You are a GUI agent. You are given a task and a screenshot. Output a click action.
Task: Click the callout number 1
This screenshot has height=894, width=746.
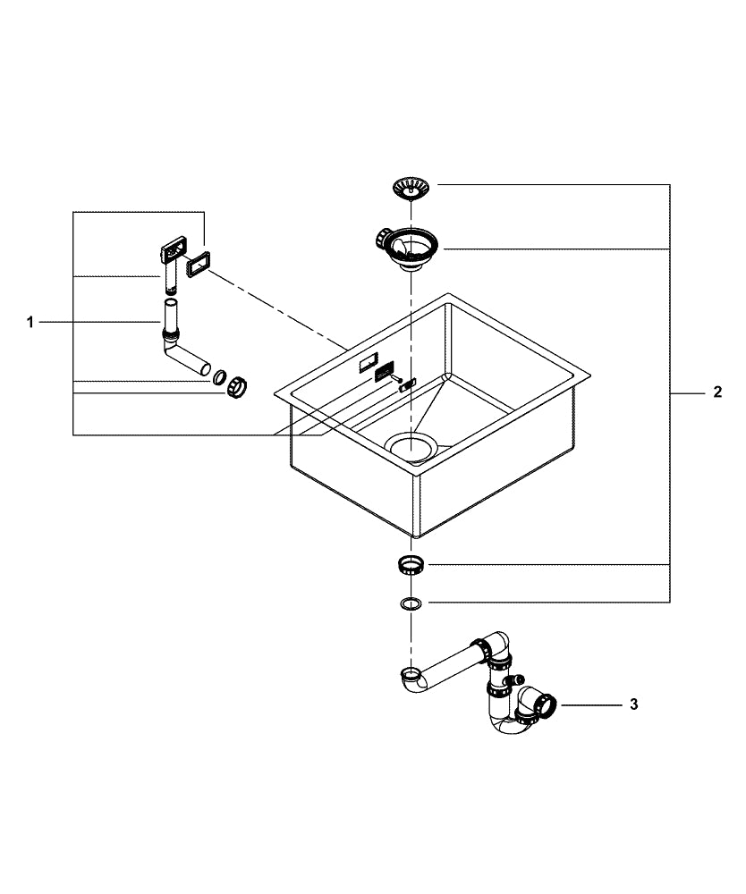click(x=30, y=322)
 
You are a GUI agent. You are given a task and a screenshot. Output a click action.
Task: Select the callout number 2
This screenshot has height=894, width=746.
click(x=717, y=393)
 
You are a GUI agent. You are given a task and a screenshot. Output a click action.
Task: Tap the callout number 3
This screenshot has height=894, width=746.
click(x=633, y=704)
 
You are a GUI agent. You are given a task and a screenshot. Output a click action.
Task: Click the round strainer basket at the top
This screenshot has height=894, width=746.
click(x=409, y=187)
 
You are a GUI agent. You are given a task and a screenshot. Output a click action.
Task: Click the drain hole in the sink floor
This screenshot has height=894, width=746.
click(x=410, y=444)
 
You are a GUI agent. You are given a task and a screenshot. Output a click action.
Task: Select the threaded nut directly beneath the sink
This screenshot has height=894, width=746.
click(x=411, y=565)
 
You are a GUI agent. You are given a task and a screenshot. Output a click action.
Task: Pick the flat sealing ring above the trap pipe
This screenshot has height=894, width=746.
click(x=411, y=603)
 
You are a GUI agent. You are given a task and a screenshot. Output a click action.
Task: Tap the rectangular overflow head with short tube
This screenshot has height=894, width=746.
click(x=172, y=255)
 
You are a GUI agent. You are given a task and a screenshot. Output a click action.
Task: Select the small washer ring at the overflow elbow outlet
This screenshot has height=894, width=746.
click(x=219, y=378)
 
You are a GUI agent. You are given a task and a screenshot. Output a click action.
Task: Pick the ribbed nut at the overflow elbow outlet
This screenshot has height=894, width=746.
click(x=236, y=387)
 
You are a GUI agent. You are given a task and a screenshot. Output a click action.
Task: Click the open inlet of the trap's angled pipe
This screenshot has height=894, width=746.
click(x=410, y=672)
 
